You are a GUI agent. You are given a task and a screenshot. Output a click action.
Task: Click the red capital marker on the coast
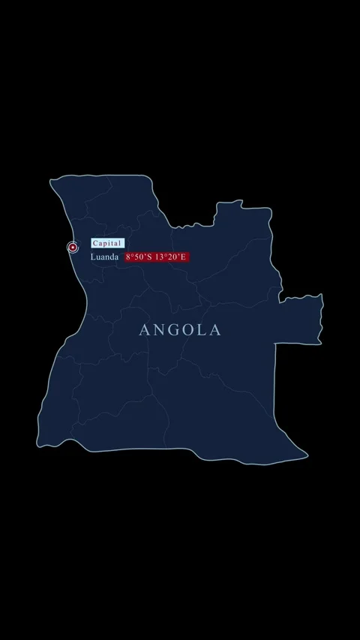click(x=73, y=247)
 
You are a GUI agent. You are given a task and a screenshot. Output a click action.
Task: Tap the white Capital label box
click(x=107, y=243)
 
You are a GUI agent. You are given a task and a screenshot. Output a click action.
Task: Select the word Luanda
click(x=104, y=257)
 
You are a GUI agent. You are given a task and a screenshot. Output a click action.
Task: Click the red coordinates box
click(x=157, y=257)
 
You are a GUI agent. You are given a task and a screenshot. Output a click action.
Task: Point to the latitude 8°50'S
click(x=139, y=257)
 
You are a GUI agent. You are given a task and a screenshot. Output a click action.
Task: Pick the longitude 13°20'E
click(x=171, y=257)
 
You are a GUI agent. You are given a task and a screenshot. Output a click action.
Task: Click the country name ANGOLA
click(x=180, y=330)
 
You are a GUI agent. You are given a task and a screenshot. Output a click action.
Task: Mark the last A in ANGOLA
click(x=216, y=330)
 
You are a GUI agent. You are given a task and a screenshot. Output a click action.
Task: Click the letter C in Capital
click(x=95, y=243)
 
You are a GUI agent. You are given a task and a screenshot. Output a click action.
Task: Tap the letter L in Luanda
click(x=94, y=257)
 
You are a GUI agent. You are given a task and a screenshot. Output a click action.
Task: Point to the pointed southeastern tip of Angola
click(x=306, y=454)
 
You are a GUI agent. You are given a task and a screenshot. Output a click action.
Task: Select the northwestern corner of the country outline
click(x=52, y=180)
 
